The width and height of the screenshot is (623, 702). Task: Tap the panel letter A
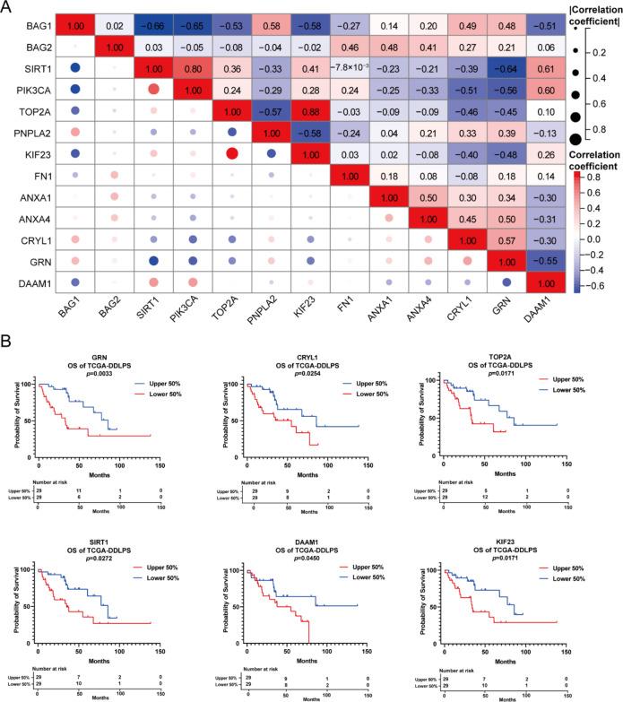pos(7,7)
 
